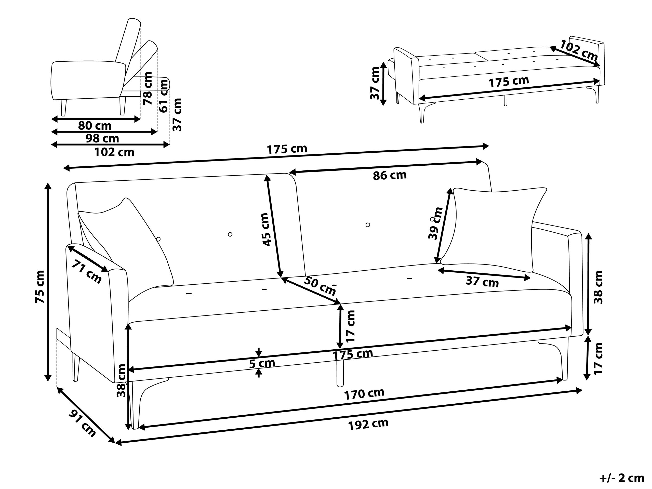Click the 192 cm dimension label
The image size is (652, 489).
coord(368,425)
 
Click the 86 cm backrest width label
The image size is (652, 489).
coord(390,176)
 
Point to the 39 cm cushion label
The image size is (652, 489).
coord(436,223)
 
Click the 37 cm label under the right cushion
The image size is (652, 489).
coord(482,282)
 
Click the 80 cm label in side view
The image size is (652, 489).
coord(95,126)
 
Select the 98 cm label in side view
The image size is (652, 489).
coord(102,138)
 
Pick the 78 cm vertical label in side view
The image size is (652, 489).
coord(147,88)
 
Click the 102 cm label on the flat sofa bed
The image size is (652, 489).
coord(578,50)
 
